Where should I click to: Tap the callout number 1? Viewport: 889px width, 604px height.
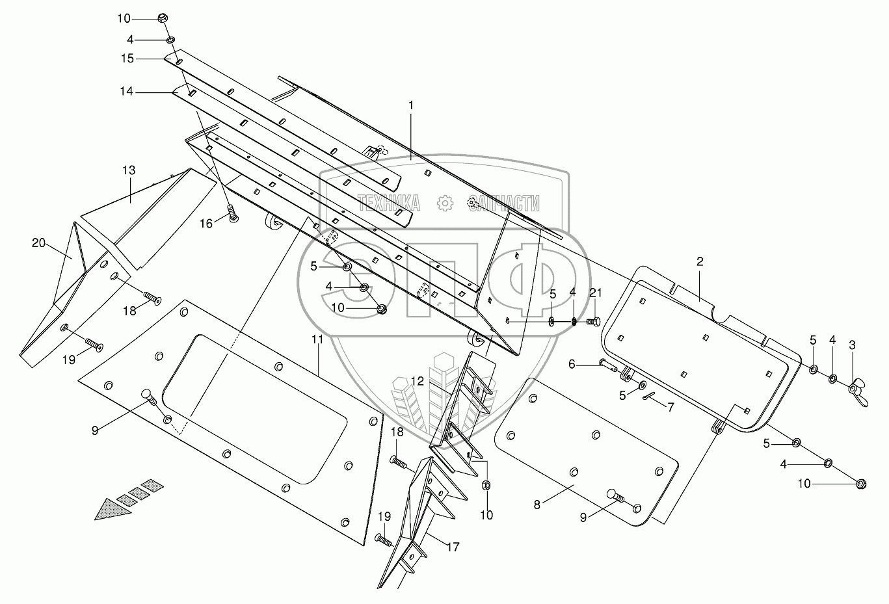[411, 105]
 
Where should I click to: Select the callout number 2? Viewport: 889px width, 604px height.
[700, 262]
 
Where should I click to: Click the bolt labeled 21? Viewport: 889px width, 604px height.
[592, 322]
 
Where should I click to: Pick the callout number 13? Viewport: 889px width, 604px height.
[129, 171]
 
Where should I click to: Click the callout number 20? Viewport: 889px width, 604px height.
[38, 243]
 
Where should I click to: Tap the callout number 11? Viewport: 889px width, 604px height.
[317, 340]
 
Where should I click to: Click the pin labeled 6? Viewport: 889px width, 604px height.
[609, 365]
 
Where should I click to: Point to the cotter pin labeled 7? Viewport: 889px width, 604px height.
[648, 397]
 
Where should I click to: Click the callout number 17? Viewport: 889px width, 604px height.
[453, 547]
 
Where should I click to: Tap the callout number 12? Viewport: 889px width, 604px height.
[417, 382]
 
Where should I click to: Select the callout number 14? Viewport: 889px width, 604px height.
[126, 92]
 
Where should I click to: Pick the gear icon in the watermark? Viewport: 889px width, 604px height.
[445, 203]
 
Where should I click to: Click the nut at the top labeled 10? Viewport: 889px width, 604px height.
[163, 18]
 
